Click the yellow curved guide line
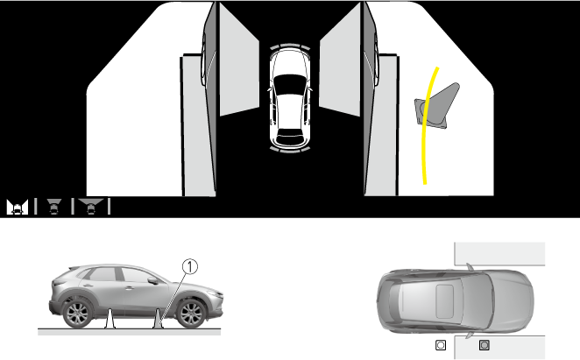[x=426, y=126]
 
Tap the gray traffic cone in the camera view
[x=437, y=106]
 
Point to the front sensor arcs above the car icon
[x=290, y=46]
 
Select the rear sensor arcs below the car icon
[x=290, y=149]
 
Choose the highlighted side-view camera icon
[x=17, y=207]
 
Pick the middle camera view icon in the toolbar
[x=54, y=207]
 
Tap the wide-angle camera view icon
[x=90, y=207]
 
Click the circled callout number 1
[x=190, y=266]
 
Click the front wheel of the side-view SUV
[x=191, y=314]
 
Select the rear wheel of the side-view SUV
[x=77, y=314]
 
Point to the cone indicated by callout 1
[x=158, y=319]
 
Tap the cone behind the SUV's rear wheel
[x=110, y=319]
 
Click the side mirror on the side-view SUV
[x=152, y=280]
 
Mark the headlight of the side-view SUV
[x=216, y=294]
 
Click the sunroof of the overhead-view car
[x=444, y=301]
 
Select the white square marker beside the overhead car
[x=441, y=345]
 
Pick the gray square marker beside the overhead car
[x=485, y=345]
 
